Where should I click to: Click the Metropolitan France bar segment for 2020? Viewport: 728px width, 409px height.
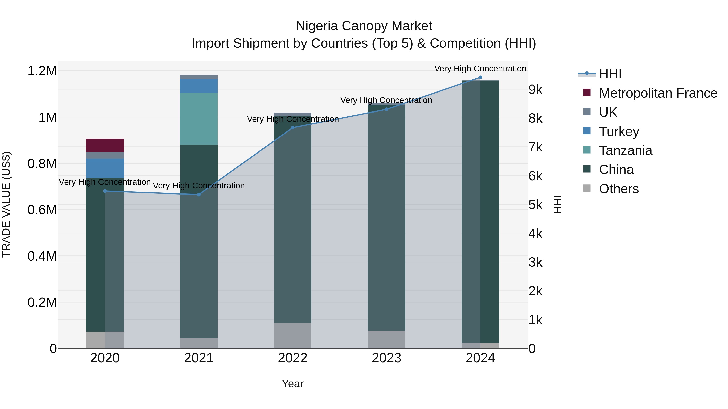105,145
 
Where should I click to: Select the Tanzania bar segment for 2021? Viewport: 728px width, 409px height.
199,119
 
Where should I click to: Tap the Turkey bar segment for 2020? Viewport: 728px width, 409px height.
105,168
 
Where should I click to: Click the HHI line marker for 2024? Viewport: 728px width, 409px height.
480,77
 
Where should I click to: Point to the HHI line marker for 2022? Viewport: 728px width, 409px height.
292,128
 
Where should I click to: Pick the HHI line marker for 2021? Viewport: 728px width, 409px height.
199,195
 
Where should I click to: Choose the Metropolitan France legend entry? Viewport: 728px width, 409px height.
658,93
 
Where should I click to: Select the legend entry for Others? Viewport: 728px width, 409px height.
618,189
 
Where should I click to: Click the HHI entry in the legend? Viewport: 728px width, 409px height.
610,74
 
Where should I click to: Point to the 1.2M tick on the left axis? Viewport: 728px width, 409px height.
42,71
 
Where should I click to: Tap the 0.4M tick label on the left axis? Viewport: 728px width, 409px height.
42,256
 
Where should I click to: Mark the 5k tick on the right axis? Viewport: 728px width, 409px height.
535,205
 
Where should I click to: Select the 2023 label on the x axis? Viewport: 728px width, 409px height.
386,358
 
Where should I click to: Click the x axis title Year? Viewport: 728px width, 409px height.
292,384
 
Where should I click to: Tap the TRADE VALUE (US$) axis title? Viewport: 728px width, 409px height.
6,204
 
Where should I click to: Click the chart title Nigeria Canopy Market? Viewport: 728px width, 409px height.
364,26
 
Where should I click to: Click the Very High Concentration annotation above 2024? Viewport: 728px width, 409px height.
480,69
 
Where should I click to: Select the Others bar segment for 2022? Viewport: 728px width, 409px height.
292,336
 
